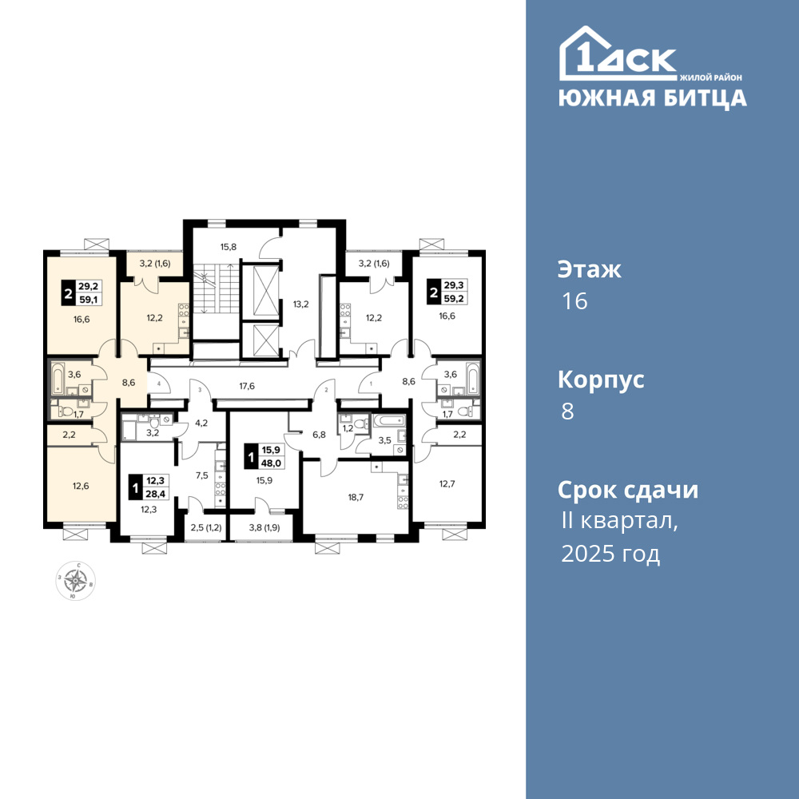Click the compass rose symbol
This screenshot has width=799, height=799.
75,580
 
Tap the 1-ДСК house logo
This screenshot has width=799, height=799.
618,54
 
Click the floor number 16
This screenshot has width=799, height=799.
574,301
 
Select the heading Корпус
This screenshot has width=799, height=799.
601,380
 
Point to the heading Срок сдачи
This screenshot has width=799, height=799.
628,491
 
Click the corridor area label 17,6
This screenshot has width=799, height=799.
247,386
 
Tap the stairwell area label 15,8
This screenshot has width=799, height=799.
229,247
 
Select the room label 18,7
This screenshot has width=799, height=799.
356,497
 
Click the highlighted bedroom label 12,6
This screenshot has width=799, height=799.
81,486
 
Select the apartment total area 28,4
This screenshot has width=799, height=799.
157,493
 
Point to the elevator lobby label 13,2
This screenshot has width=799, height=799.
300,304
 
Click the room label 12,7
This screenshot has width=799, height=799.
447,483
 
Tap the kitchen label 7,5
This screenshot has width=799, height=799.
202,475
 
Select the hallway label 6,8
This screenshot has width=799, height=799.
319,435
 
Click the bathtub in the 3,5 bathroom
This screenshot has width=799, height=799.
389,421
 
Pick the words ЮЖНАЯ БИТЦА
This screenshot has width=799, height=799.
653,97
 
